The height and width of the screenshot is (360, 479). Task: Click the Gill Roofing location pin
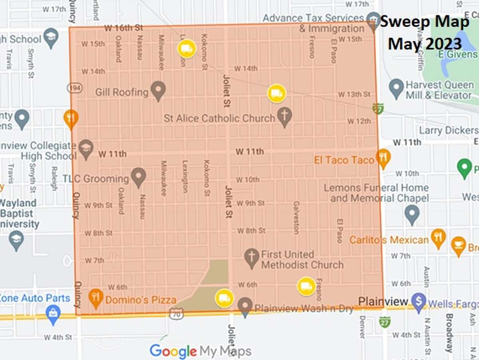158,91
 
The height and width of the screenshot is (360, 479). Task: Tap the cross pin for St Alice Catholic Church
285,117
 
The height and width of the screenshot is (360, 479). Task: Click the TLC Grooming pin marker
139,177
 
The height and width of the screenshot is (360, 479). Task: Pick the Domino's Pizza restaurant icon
95,298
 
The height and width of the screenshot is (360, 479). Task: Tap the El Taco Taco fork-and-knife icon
383,158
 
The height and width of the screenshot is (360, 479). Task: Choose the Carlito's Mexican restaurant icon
438,238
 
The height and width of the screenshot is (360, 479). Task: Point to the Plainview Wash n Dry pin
245,307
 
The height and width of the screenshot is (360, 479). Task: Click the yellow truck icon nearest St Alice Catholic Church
277,94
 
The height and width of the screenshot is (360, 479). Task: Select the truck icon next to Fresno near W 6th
306,286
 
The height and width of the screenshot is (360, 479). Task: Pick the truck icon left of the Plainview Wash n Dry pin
224,298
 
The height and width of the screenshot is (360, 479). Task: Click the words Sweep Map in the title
424,22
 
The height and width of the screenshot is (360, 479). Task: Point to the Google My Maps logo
200,351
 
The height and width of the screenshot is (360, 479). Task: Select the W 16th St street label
123,28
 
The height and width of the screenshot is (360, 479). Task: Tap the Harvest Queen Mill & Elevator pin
396,89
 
